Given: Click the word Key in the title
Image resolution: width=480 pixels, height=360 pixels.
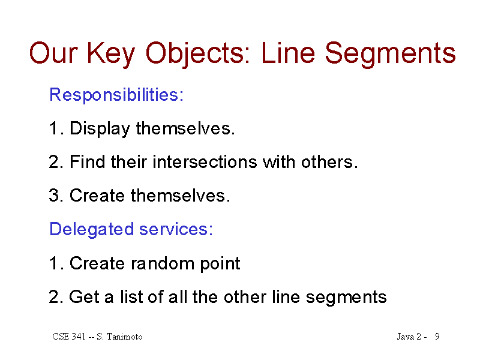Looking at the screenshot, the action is tap(111, 55).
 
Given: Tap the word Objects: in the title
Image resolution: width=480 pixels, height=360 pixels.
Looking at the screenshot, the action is tap(198, 55).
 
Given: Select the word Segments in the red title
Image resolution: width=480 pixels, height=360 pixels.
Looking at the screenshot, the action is tap(391, 55).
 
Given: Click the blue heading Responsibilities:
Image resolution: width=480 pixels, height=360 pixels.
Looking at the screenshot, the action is tap(116, 95).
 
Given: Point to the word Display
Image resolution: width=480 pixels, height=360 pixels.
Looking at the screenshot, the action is tap(100, 129).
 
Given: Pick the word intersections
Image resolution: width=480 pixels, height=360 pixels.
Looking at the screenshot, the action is tap(205, 161).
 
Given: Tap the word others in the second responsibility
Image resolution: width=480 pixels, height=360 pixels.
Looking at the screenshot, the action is tap(327, 161).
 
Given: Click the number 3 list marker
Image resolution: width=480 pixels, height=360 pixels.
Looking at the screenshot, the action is tap(54, 196).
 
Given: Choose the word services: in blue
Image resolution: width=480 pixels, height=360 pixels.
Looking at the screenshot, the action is tap(176, 229).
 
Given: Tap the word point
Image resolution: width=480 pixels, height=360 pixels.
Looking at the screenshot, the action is tap(220, 264).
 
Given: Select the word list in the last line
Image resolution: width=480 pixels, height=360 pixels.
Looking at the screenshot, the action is tap(130, 296).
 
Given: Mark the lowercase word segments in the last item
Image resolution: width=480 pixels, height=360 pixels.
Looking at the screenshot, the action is tap(346, 298).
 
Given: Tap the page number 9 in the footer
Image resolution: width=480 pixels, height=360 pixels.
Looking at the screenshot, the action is tap(437, 337).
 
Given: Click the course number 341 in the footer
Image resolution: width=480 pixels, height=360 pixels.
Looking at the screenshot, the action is tap(78, 337).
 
